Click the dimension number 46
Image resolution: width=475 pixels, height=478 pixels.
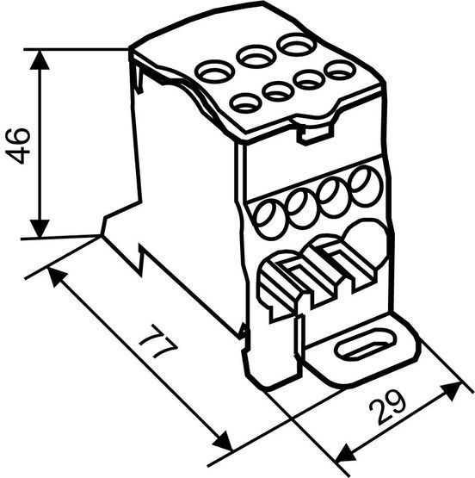pos(18,146)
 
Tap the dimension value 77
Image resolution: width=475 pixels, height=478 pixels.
pos(158,341)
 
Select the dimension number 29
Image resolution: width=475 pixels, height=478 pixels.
pos(387,407)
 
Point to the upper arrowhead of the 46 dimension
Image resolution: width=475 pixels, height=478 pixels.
pos(40,59)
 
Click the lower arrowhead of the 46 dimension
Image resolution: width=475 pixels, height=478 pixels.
pos(40,227)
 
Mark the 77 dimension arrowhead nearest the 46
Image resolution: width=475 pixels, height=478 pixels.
pos(57,276)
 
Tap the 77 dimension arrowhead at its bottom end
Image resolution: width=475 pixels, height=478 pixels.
pos(222,441)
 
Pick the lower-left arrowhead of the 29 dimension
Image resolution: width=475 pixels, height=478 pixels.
pos(345,452)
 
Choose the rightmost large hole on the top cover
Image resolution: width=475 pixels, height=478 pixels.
pos(296,45)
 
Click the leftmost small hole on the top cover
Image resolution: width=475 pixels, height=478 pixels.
pos(245,103)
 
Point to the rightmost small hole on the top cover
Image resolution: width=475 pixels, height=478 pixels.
pos(340,71)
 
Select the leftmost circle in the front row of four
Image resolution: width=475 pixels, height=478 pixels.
pos(271,220)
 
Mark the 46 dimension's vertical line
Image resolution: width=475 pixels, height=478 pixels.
pos(40,144)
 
